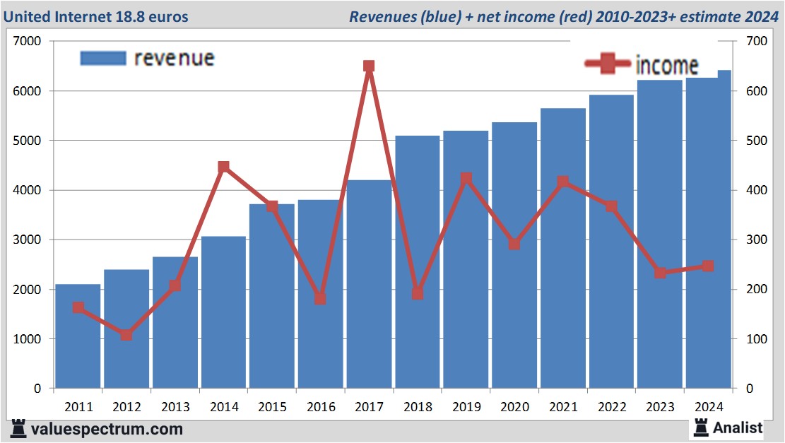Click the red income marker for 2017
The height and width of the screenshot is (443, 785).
(x=368, y=66)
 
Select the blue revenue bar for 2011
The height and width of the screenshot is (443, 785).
(x=78, y=339)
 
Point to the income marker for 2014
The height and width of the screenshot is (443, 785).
(x=223, y=167)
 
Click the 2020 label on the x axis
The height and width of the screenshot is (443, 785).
(x=514, y=407)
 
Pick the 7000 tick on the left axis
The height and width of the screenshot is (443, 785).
(x=30, y=42)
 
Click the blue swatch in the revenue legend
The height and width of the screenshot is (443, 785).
(x=102, y=58)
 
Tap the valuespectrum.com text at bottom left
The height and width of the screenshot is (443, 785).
(x=106, y=429)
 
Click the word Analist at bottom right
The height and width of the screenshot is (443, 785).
(x=738, y=427)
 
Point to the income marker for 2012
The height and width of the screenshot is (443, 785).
(x=126, y=335)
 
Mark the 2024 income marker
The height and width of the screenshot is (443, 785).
(x=708, y=266)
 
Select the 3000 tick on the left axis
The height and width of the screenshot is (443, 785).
(x=30, y=240)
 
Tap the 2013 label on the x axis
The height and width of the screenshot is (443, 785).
(x=175, y=407)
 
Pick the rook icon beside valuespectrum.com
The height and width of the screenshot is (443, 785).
(x=18, y=428)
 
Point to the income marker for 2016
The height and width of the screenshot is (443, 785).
(x=320, y=299)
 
